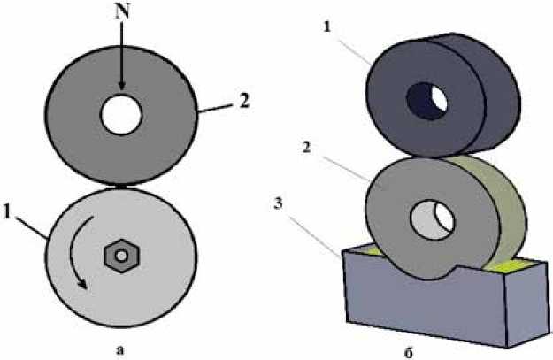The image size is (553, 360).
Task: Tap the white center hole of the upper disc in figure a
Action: (121, 112)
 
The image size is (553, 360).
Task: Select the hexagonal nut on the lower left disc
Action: (121, 257)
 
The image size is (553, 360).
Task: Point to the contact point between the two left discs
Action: (121, 185)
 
